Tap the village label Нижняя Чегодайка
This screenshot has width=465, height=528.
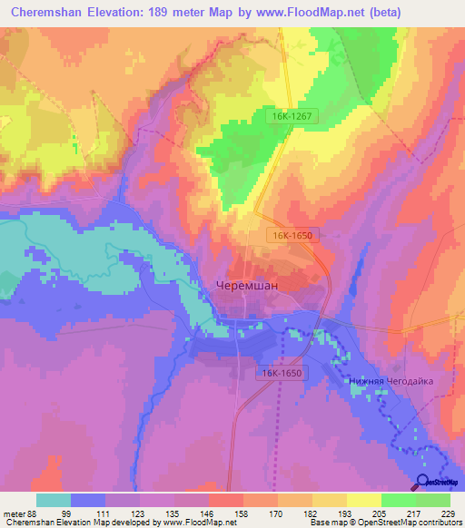tap(391, 382)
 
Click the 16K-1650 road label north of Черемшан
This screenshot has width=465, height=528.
tap(292, 235)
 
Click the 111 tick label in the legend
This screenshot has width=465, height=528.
tap(106, 513)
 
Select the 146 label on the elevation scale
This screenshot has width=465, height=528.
tap(209, 513)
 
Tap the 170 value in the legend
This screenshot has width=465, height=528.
tap(278, 513)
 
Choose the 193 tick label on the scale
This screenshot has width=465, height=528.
tap(347, 513)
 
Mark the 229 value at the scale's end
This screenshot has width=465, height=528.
tap(447, 513)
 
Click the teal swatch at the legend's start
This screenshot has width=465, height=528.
tap(54, 500)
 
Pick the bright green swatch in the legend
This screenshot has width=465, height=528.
tap(398, 500)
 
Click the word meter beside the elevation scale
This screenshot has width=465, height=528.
tap(14, 513)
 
